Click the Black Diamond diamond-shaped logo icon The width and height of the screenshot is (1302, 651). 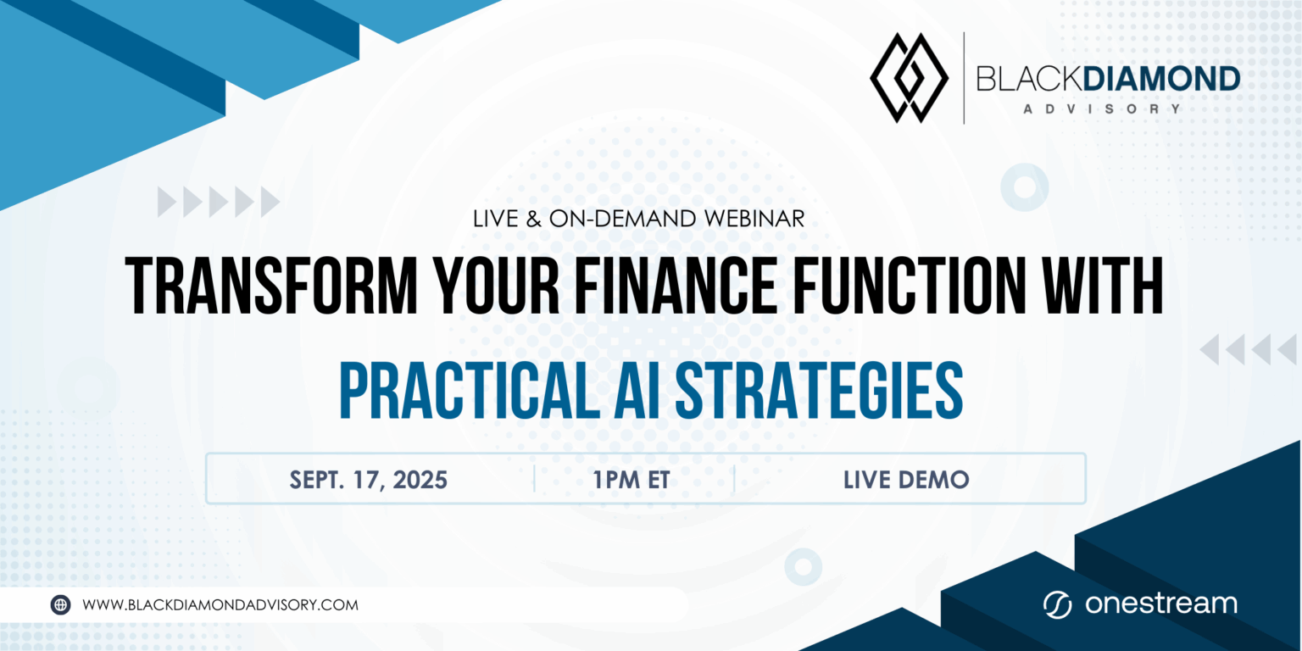point(909,78)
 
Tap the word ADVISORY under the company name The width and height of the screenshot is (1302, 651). point(1102,108)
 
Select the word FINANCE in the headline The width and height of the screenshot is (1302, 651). point(676,286)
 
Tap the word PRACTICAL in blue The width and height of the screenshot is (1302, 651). point(470,390)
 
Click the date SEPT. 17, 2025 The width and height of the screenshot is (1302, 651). point(369,480)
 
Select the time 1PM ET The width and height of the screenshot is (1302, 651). point(632,480)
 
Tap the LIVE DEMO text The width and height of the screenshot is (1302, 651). point(906,480)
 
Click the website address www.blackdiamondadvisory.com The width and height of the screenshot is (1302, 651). point(220,605)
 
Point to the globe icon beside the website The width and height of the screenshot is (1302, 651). point(60,605)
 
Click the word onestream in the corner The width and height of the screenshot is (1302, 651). point(1160,604)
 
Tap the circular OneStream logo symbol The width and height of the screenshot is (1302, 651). point(1057,605)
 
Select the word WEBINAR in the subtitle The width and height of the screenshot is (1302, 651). point(754,219)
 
